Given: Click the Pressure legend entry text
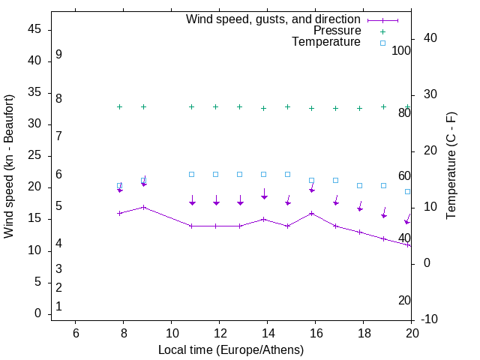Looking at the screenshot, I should point(337,31).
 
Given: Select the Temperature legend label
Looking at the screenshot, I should point(326,42).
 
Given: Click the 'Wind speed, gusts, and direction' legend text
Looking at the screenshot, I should point(274,19).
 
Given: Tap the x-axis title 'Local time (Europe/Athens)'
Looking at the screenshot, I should point(231,349).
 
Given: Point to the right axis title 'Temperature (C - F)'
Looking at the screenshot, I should point(451,166).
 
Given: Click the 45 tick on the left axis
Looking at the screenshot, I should point(34,30).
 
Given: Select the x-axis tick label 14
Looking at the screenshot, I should point(267,333).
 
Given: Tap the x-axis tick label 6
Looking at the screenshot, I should point(75,333).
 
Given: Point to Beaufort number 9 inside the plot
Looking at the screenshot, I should point(58,55).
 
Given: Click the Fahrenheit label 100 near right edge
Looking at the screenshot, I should point(401,50).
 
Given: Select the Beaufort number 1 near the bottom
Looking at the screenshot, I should point(58,306).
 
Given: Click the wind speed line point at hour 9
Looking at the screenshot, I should point(144,207).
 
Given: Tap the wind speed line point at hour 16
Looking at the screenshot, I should point(312,213).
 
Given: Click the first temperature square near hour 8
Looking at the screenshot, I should point(120,185).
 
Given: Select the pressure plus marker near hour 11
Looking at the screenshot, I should point(192,106).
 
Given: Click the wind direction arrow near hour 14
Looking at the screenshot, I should point(264,194).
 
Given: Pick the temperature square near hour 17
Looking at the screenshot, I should point(336,180).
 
